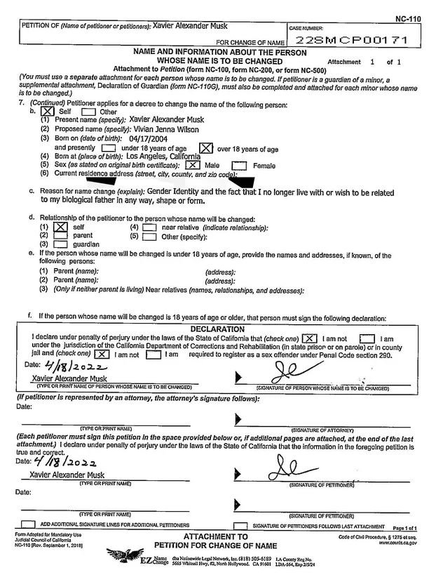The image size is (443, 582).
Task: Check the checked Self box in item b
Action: pos(47,111)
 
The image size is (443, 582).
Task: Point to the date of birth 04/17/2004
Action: pos(145,139)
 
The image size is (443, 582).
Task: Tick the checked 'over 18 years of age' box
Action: pos(205,148)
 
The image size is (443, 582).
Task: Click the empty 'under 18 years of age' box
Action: pos(108,148)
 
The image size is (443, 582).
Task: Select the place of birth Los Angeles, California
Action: pos(162,157)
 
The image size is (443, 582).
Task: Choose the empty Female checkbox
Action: pos(239,166)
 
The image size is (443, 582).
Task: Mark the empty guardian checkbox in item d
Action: pos(60,244)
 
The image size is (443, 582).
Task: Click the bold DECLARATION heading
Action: pos(217,329)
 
